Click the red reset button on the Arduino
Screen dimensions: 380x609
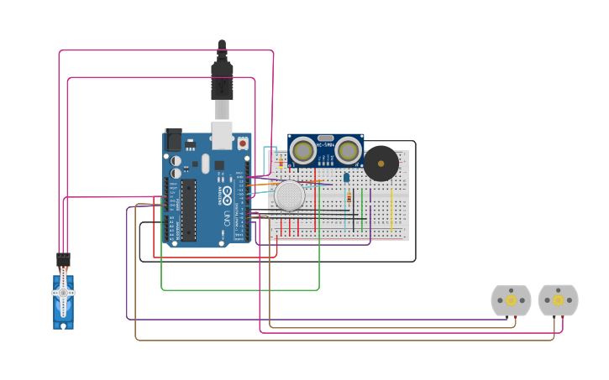tap(243, 143)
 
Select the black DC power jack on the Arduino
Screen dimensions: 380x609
tap(174, 139)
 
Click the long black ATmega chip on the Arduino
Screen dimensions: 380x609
tap(188, 209)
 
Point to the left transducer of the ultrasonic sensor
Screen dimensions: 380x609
tap(303, 151)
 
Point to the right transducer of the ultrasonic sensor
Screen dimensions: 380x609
tap(349, 151)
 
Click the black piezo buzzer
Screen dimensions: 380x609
tap(381, 163)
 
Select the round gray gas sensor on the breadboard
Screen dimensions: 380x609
tap(290, 195)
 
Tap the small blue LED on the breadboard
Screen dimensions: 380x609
tap(347, 176)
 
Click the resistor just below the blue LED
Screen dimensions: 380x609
tap(349, 199)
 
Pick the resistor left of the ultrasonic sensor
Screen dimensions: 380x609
tap(281, 163)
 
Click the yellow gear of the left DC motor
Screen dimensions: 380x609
tap(511, 300)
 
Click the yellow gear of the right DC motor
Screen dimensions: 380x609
tap(558, 300)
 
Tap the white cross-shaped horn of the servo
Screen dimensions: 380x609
tap(63, 294)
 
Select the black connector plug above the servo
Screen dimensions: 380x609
tap(63, 259)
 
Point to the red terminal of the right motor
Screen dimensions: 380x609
tap(562, 316)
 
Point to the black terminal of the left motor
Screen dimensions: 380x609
tap(507, 316)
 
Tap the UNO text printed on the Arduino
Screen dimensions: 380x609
tap(227, 220)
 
